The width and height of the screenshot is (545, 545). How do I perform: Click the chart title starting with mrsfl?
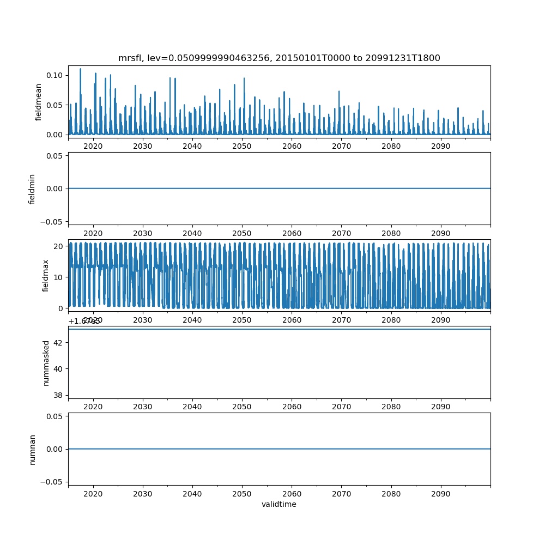click(x=279, y=58)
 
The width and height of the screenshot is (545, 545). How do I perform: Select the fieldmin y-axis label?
click(x=32, y=189)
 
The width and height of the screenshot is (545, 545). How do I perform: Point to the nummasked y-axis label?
click(x=46, y=362)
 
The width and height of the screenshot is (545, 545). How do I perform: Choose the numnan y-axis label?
click(x=32, y=449)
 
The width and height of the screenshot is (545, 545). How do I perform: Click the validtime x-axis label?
click(x=279, y=504)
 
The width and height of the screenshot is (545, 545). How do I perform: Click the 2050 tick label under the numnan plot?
click(x=242, y=494)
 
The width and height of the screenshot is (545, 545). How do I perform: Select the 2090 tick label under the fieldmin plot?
click(x=440, y=233)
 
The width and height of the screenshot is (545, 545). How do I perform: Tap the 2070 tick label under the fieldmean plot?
click(x=341, y=147)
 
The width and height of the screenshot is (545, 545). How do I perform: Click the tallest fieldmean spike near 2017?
click(x=81, y=69)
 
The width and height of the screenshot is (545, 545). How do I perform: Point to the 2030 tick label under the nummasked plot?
click(x=143, y=407)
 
